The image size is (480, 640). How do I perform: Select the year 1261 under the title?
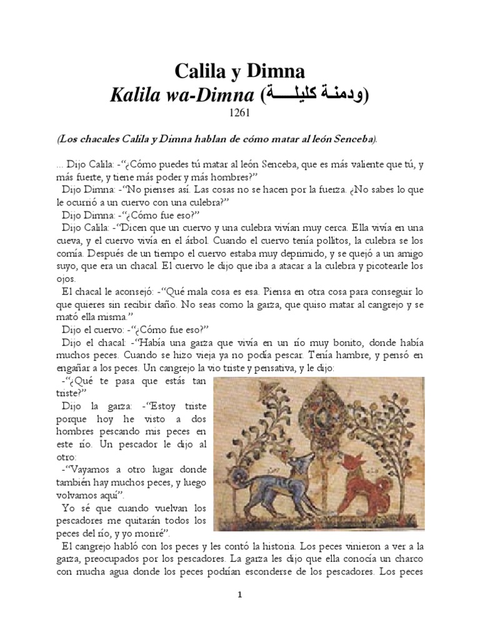[240, 115]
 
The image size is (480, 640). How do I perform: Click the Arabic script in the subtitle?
[316, 95]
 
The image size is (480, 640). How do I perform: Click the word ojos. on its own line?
[64, 279]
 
